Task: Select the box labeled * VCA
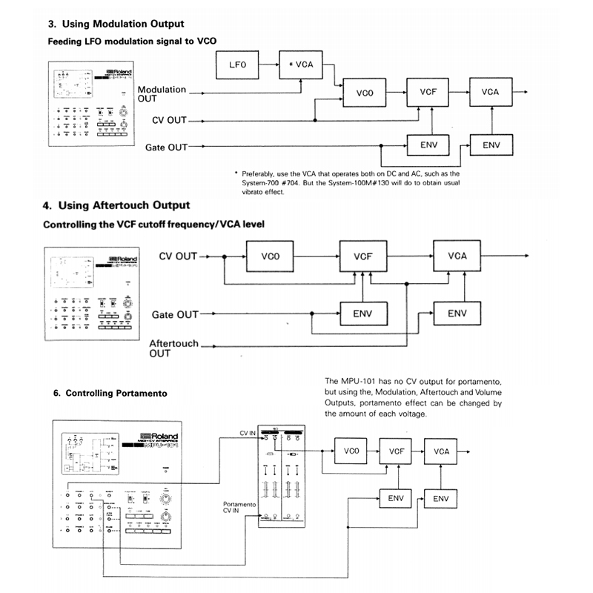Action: pyautogui.click(x=301, y=65)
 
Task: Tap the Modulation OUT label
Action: pyautogui.click(x=162, y=93)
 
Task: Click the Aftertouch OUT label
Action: pyautogui.click(x=173, y=348)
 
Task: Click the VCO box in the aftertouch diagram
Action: pyautogui.click(x=270, y=256)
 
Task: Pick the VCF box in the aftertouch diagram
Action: pyautogui.click(x=362, y=256)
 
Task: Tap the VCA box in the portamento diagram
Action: pyautogui.click(x=441, y=451)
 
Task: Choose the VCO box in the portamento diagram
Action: pyautogui.click(x=351, y=451)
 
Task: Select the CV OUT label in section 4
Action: pyautogui.click(x=178, y=256)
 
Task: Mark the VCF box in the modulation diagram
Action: pyautogui.click(x=428, y=93)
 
